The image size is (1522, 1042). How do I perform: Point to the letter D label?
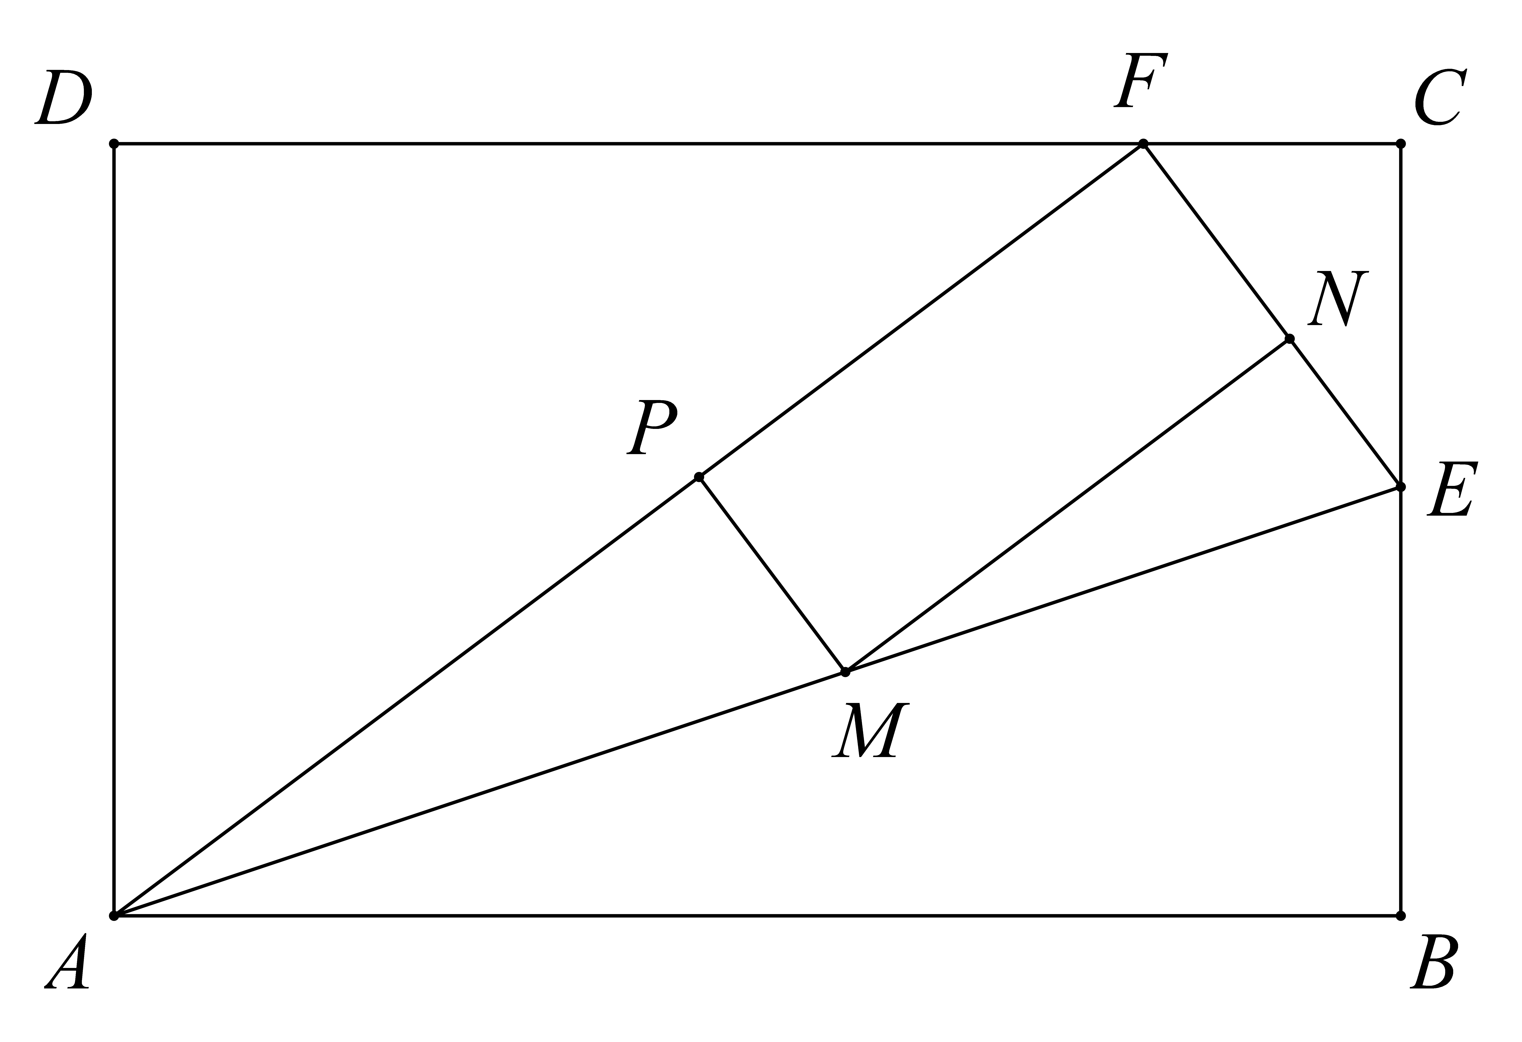point(64,97)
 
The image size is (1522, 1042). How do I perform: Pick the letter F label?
point(1141,81)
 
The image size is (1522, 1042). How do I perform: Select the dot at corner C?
point(1401,143)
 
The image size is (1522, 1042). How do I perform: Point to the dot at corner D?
point(114,143)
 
